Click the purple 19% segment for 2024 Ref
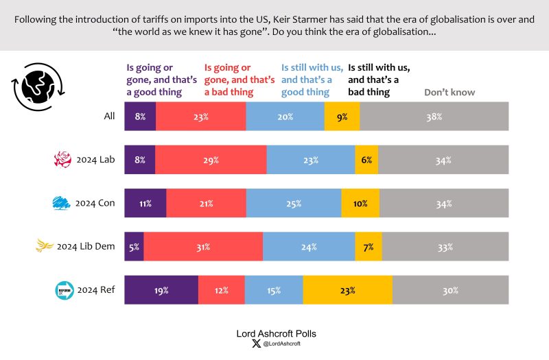pyautogui.click(x=161, y=290)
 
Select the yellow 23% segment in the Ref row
pyautogui.click(x=347, y=290)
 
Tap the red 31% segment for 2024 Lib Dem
pyautogui.click(x=203, y=247)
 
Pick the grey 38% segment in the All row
pyautogui.click(x=434, y=117)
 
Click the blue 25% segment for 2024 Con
pyautogui.click(x=294, y=204)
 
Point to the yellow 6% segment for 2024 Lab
pyautogui.click(x=366, y=160)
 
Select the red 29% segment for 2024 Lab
pyautogui.click(x=211, y=160)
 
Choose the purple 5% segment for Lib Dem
pyautogui.click(x=134, y=247)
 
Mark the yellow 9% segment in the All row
pyautogui.click(x=342, y=117)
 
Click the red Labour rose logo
pyautogui.click(x=62, y=160)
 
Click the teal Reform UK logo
pyautogui.click(x=64, y=290)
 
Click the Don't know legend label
pyautogui.click(x=449, y=92)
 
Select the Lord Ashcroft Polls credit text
pyautogui.click(x=274, y=334)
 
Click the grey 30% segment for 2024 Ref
pyautogui.click(x=450, y=290)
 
